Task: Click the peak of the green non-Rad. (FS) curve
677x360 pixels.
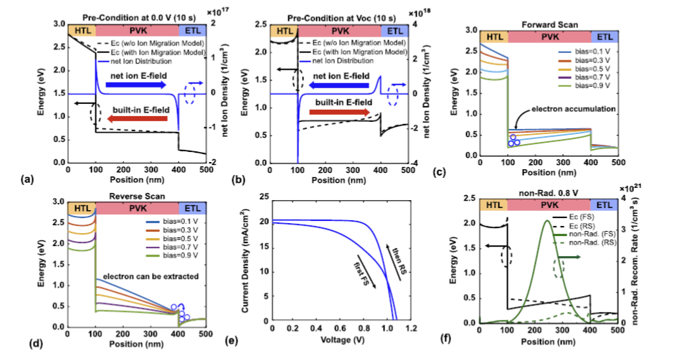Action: click(545, 220)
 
